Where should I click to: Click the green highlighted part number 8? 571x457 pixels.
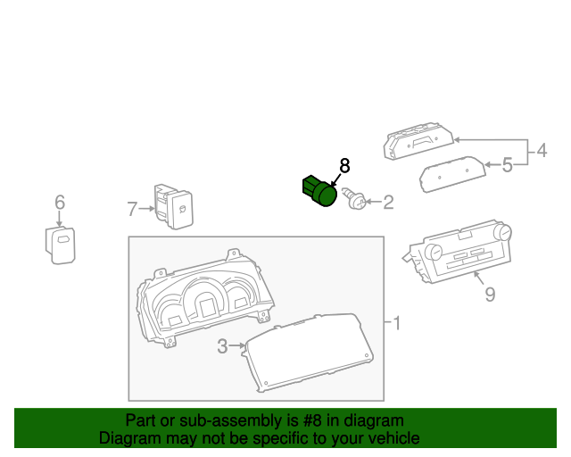pos(319,191)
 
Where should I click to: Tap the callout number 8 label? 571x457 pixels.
pos(344,166)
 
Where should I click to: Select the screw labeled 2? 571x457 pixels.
pos(353,199)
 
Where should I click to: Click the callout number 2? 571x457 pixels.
pos(389,203)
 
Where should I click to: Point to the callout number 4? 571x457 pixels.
pos(542,151)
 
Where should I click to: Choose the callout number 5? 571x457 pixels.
pos(508,165)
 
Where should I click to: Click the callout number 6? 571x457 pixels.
pos(60,203)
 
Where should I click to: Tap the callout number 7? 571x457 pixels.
pos(132,209)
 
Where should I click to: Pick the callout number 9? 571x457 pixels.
pos(490,294)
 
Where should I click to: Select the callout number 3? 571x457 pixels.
pos(222,346)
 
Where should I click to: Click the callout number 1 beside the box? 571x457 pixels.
pos(397,323)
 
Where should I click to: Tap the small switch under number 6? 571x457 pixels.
pos(60,245)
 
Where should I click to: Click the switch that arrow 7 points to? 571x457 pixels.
pos(174,206)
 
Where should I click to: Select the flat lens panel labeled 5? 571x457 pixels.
pos(452,174)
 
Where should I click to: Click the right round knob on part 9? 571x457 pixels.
pos(503,232)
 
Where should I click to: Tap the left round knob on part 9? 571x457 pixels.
pos(434,253)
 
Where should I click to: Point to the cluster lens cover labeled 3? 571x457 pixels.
pos(310,353)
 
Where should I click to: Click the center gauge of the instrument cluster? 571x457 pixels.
pos(205,300)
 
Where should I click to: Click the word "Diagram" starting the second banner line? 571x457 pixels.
pos(125,438)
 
